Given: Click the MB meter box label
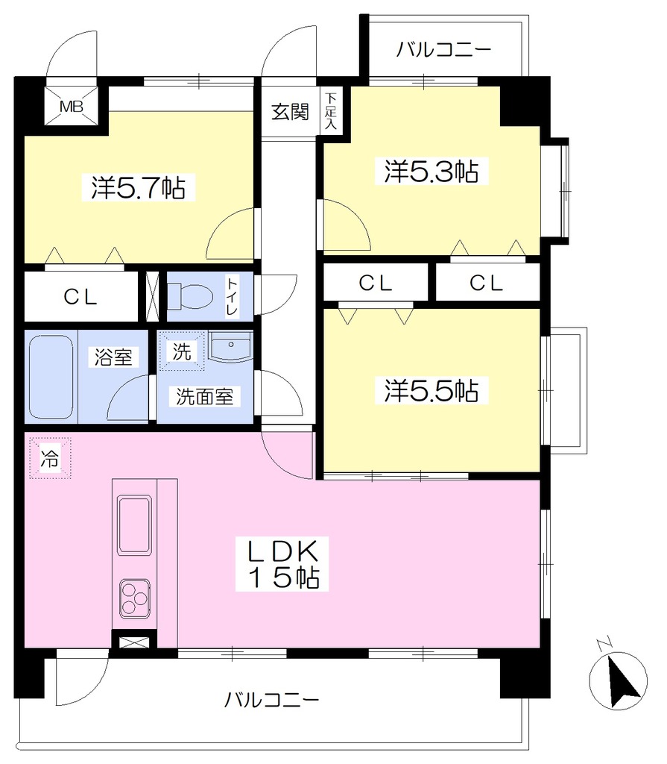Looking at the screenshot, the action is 71,106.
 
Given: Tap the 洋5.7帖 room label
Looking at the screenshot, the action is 139,187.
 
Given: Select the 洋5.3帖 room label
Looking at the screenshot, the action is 432,171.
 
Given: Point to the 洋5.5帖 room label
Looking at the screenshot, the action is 432,390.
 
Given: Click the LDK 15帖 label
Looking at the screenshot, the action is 282,564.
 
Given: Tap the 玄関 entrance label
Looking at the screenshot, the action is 290,113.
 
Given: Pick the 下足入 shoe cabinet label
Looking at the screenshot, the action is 331,110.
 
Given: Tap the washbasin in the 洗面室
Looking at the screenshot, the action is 230,346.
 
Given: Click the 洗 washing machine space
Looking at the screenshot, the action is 182,351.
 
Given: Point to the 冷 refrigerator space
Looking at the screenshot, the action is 50,458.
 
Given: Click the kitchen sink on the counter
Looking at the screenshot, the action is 134,525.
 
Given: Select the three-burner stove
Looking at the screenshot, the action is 134,599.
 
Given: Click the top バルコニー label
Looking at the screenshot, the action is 443,50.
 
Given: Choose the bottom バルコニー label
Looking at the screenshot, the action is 272,700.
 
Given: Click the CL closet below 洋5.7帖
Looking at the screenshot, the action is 80,296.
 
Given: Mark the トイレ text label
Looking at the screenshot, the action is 233,295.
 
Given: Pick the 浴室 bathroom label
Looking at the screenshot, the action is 113,357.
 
